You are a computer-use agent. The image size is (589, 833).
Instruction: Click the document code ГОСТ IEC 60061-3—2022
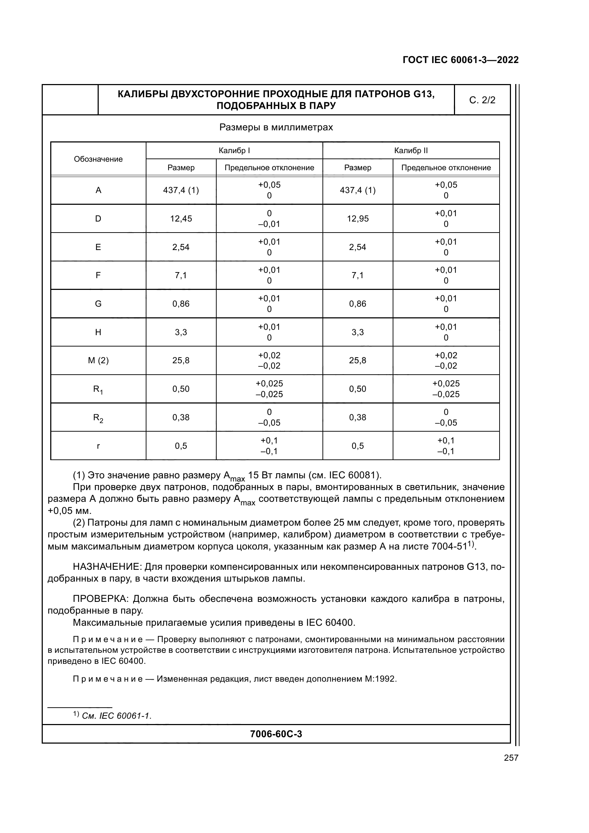point(460,60)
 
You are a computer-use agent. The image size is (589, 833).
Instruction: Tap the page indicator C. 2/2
point(482,100)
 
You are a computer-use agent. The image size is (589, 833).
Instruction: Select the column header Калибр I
point(234,151)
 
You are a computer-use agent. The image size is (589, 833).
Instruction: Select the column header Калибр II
point(411,151)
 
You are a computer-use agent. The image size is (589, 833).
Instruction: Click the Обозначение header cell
point(98,159)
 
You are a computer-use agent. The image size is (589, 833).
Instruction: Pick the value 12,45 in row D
point(181,218)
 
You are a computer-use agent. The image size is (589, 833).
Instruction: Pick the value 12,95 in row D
point(357,218)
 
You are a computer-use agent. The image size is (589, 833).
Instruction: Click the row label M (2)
point(98,360)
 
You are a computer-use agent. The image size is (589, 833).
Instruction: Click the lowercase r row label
point(98,446)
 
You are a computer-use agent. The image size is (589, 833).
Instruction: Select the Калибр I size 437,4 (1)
point(181,190)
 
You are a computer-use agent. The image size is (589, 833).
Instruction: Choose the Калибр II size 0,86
point(357,304)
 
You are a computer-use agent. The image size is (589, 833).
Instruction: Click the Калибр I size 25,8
point(181,360)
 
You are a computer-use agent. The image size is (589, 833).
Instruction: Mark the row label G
point(98,304)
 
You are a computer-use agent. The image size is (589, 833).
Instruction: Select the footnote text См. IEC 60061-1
point(117,716)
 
